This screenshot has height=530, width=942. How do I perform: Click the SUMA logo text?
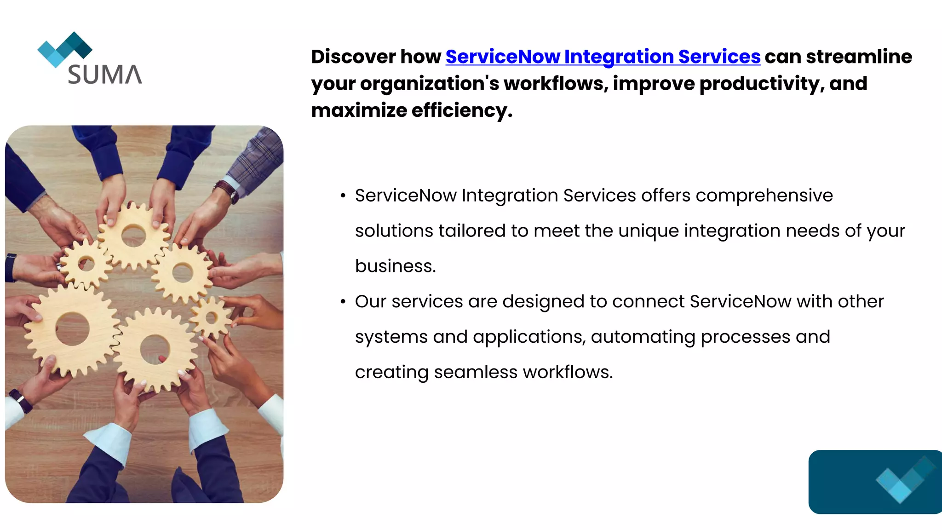coord(105,75)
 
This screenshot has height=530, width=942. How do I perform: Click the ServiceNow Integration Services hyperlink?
coord(603,57)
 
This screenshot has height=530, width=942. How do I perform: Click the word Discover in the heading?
coord(353,57)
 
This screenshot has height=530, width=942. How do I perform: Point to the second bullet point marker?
coord(343,302)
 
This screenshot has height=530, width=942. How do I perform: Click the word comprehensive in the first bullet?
coord(764,196)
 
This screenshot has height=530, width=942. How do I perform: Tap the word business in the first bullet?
coord(395,266)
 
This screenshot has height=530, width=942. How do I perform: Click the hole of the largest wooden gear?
coord(73,328)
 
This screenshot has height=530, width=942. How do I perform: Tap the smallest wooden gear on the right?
coord(211,317)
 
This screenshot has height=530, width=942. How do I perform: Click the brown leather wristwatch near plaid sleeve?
coord(227,190)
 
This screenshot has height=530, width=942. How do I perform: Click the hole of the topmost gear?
coord(133,236)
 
